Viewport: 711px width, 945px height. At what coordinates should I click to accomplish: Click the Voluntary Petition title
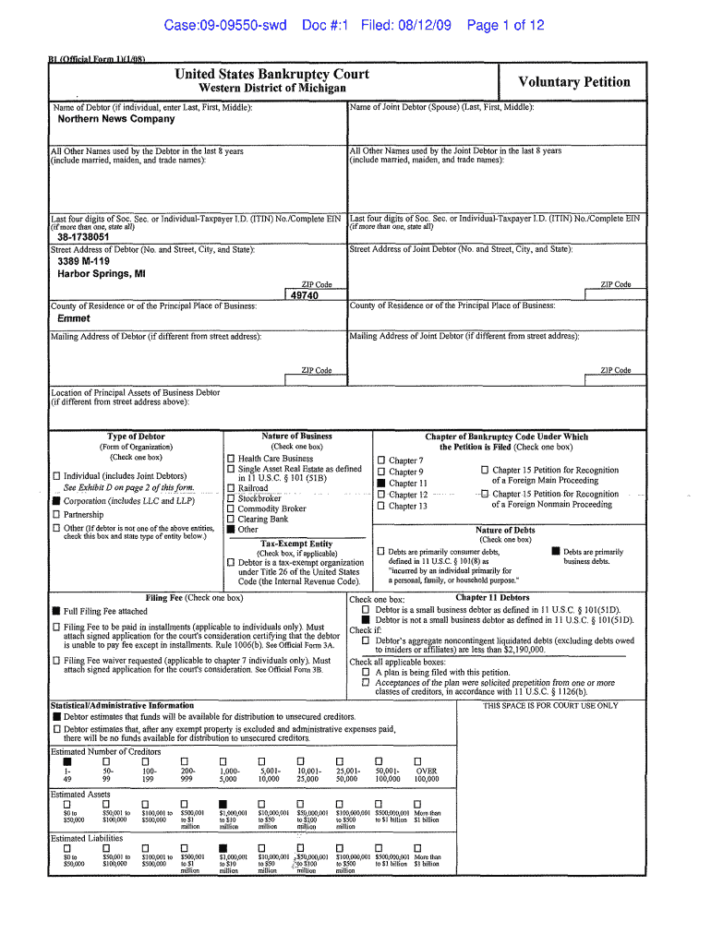(574, 82)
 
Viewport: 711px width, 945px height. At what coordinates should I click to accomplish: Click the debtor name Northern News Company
(116, 119)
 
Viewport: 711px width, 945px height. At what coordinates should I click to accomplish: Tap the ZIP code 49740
(304, 296)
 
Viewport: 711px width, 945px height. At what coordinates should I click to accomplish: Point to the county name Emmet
(74, 318)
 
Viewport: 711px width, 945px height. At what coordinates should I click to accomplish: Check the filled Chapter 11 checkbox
(380, 483)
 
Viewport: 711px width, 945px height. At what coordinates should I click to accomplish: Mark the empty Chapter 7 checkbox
(380, 461)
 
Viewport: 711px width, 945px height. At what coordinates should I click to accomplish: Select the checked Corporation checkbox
(56, 502)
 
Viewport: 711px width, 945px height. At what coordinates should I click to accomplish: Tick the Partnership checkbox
(56, 515)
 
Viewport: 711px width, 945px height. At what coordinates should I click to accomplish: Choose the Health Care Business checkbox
(231, 459)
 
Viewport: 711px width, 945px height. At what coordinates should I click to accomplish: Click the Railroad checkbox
(231, 488)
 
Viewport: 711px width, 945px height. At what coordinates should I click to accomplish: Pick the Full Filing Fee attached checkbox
(56, 611)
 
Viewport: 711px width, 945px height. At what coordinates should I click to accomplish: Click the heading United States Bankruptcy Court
(272, 74)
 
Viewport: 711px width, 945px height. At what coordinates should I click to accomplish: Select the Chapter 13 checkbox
(380, 506)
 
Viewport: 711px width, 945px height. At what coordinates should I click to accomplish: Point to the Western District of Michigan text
(272, 89)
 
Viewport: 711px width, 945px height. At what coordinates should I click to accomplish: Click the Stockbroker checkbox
(231, 498)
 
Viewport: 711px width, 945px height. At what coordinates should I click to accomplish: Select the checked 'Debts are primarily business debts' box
(555, 552)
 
